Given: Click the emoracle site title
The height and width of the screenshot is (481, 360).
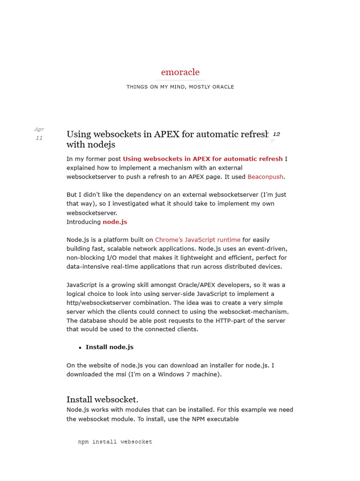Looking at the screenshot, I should tap(180, 72).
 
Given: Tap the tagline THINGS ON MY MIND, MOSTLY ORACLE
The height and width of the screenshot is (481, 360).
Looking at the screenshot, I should tap(180, 87).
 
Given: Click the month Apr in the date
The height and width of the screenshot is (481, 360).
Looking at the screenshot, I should tap(39, 129).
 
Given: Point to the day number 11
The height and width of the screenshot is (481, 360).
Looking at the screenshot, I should tap(39, 138).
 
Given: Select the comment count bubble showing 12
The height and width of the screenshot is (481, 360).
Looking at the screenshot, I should tap(276, 134).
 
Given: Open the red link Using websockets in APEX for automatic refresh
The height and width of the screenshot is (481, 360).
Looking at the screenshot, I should tap(202, 159).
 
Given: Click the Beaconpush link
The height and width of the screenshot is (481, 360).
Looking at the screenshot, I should tap(265, 177).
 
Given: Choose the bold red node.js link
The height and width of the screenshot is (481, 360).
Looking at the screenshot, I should tap(115, 222).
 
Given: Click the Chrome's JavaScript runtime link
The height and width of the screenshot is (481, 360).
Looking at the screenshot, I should tap(197, 240).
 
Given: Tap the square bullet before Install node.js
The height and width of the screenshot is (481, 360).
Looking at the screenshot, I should tap(80, 348).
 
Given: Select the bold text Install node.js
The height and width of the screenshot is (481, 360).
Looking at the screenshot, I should tap(109, 347).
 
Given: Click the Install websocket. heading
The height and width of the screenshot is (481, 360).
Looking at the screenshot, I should tap(102, 400).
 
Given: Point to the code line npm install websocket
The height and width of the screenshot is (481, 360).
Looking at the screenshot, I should tap(115, 442).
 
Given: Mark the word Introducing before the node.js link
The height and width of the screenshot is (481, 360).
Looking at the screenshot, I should tap(83, 222).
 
